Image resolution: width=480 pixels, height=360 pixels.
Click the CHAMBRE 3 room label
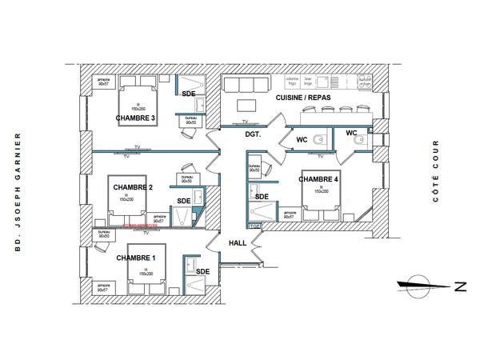click(x=135, y=118)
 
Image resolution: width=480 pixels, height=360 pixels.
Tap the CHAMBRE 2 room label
click(x=133, y=186)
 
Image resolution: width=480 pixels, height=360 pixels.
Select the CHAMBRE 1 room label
click(x=136, y=258)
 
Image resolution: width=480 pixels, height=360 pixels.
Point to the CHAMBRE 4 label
click(x=318, y=179)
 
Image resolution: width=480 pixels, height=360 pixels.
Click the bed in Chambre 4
click(x=320, y=199)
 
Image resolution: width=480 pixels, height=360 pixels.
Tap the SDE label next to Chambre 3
click(x=188, y=94)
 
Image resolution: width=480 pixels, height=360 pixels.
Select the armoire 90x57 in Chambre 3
click(x=103, y=81)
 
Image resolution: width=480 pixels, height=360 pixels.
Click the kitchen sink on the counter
click(x=322, y=82)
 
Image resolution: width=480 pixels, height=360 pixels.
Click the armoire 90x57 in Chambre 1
click(x=103, y=286)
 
